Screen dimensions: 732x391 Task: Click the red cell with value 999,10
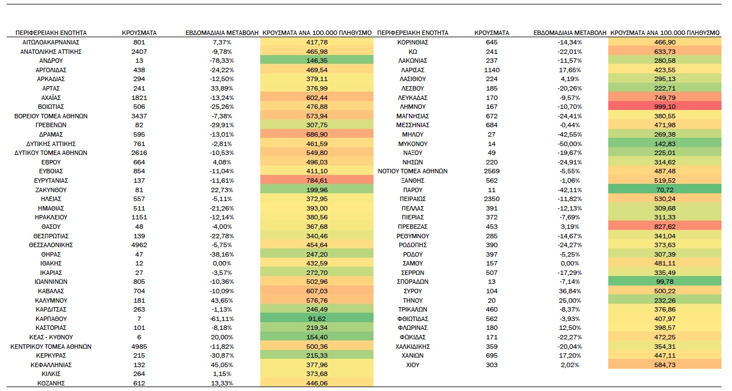(665, 107)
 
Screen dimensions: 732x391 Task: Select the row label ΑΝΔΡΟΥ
(51, 61)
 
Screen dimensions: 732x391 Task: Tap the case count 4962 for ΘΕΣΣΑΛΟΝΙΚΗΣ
(139, 245)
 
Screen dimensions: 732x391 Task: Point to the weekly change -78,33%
(222, 61)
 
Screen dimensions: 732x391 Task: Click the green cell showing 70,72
(665, 189)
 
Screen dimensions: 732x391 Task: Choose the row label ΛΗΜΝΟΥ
(413, 107)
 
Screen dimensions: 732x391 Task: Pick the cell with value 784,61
(317, 181)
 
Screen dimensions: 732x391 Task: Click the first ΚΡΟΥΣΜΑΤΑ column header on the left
(139, 33)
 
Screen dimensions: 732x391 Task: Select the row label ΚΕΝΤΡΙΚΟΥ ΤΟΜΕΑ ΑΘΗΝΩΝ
(51, 346)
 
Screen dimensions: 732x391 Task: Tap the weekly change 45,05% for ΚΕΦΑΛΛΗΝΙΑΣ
(222, 364)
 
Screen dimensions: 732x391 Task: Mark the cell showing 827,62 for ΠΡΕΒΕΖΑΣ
(665, 227)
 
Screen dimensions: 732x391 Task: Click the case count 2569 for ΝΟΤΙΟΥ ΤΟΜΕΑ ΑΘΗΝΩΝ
(492, 171)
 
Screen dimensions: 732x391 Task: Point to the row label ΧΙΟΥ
(413, 364)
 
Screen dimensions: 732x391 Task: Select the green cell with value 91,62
(317, 319)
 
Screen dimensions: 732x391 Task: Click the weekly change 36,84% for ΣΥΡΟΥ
(570, 291)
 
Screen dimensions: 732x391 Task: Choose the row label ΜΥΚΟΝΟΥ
(413, 143)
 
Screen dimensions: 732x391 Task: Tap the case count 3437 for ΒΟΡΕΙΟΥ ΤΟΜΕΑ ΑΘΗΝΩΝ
(139, 116)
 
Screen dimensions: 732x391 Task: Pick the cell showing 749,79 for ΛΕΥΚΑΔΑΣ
(665, 97)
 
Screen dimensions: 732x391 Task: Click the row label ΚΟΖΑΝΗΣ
(51, 383)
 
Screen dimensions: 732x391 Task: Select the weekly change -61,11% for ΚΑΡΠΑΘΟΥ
(222, 319)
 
